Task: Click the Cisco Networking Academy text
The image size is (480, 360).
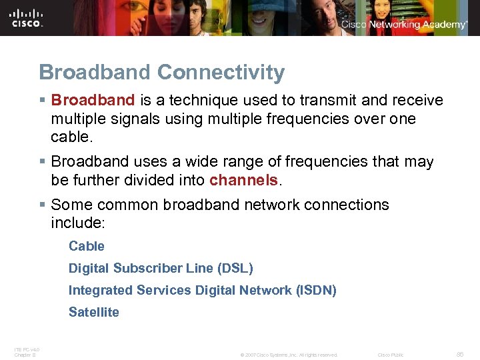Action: (404, 25)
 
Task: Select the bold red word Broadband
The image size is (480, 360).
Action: (93, 101)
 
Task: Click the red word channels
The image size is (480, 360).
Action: (243, 180)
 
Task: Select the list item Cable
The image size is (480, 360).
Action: (87, 246)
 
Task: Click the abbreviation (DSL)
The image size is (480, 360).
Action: (235, 268)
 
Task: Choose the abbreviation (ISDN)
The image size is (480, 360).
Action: (316, 290)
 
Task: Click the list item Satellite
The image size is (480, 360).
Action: (94, 312)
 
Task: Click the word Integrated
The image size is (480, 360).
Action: (100, 290)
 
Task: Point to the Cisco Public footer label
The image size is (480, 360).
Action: (391, 355)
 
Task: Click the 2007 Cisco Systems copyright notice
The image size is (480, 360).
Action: (289, 355)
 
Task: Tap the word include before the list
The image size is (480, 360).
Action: (75, 222)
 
